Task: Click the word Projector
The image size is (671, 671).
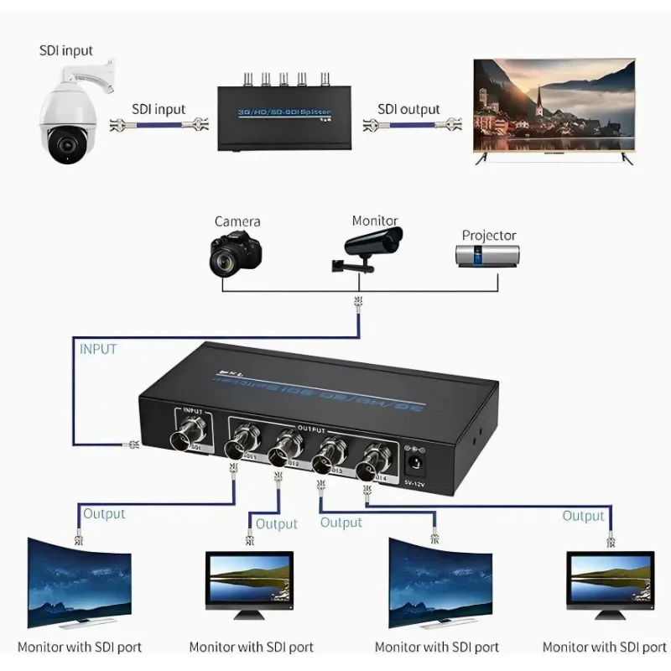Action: click(x=489, y=236)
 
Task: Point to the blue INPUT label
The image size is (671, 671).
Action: click(x=98, y=348)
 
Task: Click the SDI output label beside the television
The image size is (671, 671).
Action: click(x=408, y=109)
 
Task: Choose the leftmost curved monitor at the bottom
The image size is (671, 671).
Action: click(x=79, y=583)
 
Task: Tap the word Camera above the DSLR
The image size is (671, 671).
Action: click(x=237, y=221)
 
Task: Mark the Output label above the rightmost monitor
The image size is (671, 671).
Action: click(x=583, y=516)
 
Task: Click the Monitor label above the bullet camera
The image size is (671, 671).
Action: click(x=375, y=221)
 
